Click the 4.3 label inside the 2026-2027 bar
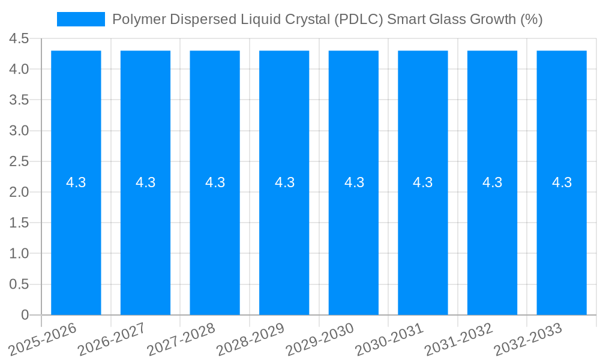coord(145,182)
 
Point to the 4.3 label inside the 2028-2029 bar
coord(284,182)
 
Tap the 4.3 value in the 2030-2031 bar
coord(423,182)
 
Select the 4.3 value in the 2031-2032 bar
coord(493,182)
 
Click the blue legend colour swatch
coord(80,19)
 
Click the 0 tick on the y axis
coord(25,315)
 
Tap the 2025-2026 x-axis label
coord(43,339)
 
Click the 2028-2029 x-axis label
coord(251,339)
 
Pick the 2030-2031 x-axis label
coord(389,339)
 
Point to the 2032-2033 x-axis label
coord(528,339)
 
